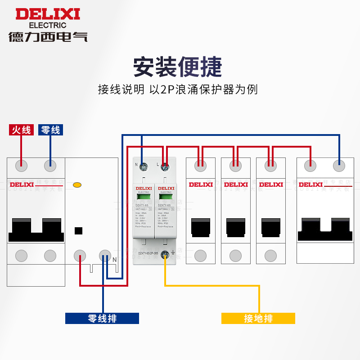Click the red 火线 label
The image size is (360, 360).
(21, 130)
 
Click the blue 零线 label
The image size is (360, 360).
(50, 130)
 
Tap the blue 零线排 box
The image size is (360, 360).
(102, 319)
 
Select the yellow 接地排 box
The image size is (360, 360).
(258, 319)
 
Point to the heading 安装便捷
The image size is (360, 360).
(178, 67)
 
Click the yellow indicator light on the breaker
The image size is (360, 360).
(77, 184)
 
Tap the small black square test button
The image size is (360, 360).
(78, 231)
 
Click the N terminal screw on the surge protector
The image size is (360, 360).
(144, 168)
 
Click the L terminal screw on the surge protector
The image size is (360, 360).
(164, 168)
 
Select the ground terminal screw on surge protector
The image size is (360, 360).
(165, 255)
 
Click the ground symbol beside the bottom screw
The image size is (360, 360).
(173, 256)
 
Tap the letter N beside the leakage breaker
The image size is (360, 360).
(115, 260)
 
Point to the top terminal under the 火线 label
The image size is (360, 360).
(21, 166)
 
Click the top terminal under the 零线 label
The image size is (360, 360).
(50, 166)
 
